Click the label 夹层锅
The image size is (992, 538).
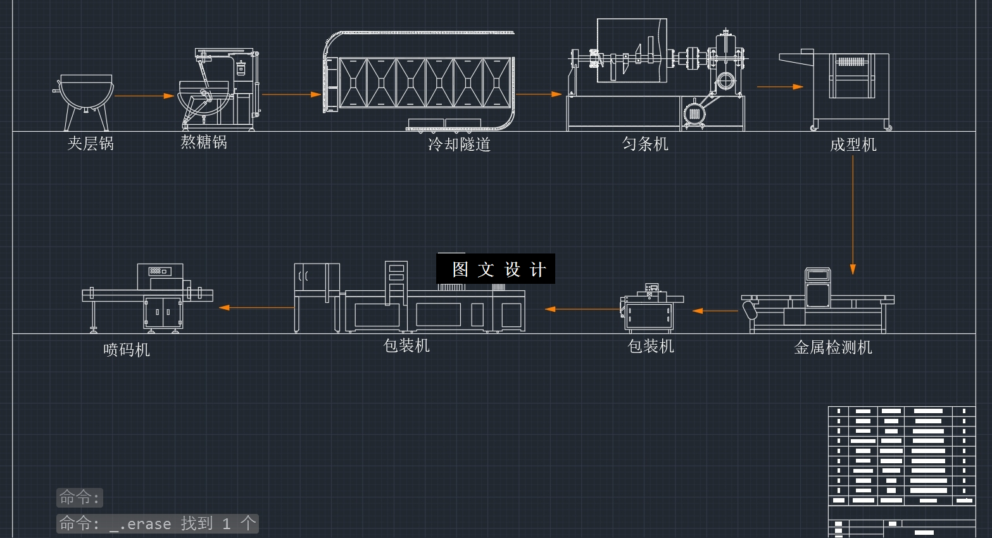[91, 144]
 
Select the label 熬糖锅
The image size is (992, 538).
[204, 142]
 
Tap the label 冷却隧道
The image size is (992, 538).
[459, 144]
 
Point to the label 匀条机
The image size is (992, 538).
[645, 144]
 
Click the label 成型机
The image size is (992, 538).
[853, 145]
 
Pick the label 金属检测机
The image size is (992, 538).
[833, 347]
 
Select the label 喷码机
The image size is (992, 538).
[127, 350]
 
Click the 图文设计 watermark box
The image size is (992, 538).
[496, 269]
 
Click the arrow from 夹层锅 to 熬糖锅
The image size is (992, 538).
[144, 96]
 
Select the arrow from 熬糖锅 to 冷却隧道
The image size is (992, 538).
[291, 94]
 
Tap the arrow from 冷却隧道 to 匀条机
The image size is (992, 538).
[539, 94]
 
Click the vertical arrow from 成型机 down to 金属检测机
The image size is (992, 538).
[853, 215]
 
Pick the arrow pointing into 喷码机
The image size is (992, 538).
[256, 308]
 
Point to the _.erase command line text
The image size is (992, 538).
[158, 523]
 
